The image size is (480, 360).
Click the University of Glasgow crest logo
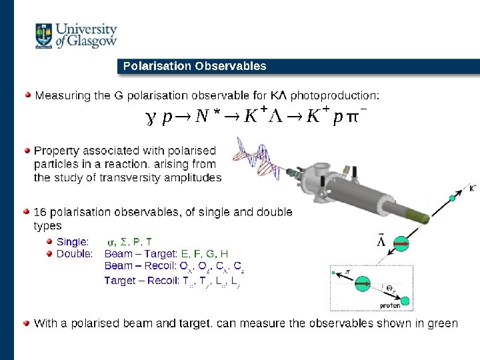point(45,36)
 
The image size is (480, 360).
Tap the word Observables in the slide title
point(230,66)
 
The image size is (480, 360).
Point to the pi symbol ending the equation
point(353,118)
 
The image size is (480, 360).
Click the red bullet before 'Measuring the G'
point(27,95)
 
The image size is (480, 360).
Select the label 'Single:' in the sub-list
point(73,241)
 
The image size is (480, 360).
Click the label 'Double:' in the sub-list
point(75,253)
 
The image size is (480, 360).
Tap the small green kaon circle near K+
point(453,198)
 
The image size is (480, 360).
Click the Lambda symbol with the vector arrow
point(381,240)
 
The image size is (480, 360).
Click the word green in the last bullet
point(443,323)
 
